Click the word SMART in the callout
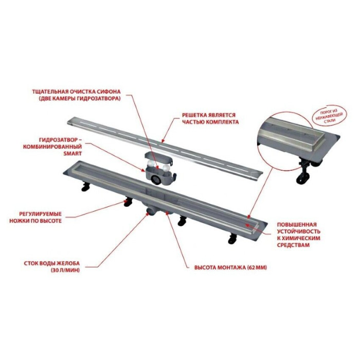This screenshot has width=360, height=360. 73,154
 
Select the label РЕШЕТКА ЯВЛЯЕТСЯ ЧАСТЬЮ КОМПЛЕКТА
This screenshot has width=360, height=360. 210,118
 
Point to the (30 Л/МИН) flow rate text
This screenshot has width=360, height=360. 65,270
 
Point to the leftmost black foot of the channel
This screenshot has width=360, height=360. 85,186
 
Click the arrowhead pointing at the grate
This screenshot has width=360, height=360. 163,141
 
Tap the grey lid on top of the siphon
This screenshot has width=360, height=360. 158,158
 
